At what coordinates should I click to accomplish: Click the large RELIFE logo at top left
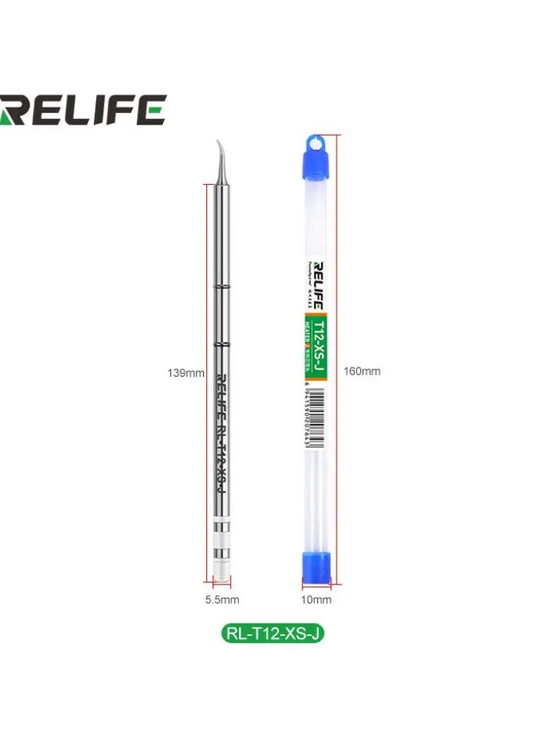tap(82, 110)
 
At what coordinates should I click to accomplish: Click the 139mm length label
tap(186, 373)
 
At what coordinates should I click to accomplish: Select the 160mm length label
tap(362, 371)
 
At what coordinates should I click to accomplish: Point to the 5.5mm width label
tap(222, 599)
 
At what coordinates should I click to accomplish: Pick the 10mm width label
tap(316, 599)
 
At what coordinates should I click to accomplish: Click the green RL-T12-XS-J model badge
tap(273, 633)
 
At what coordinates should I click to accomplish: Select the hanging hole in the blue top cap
tap(316, 142)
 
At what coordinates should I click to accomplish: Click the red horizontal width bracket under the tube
tap(316, 582)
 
